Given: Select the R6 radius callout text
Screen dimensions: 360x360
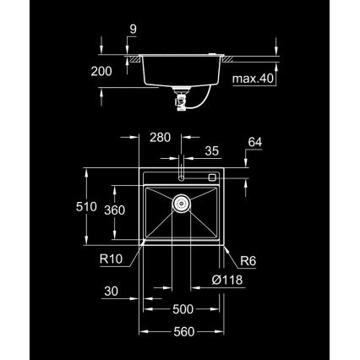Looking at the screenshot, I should (248, 261).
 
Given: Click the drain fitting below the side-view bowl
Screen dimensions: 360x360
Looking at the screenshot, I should (181, 99).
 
